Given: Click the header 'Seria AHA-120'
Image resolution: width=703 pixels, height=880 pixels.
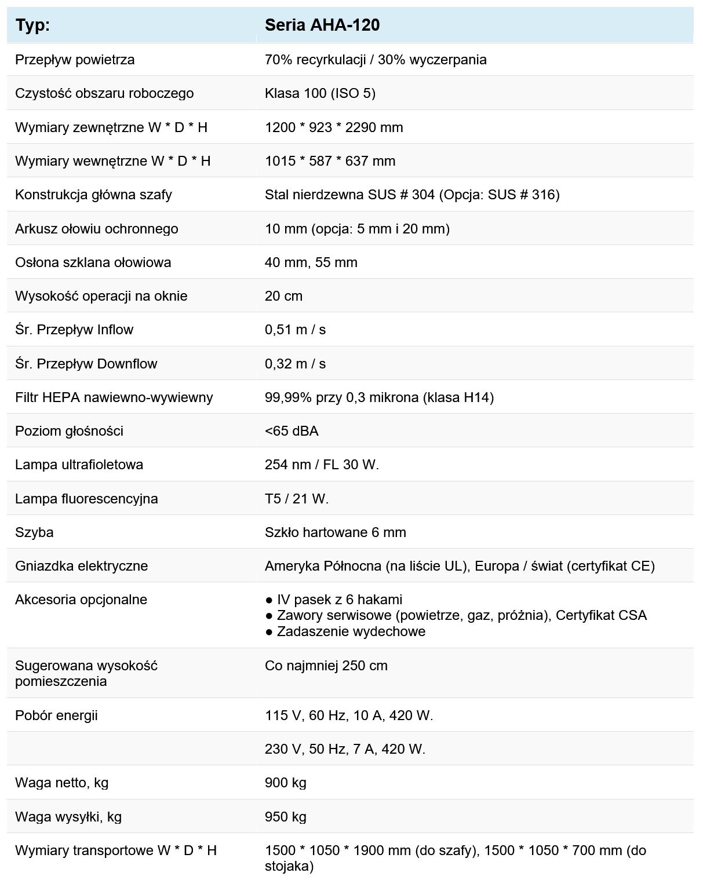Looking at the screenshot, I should [x=322, y=25].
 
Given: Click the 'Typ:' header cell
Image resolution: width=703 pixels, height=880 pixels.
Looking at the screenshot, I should [x=32, y=25].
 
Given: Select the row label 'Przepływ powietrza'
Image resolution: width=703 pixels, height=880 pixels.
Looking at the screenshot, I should [x=75, y=60].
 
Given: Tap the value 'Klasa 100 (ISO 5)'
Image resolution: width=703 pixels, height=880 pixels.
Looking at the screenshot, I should [x=320, y=93].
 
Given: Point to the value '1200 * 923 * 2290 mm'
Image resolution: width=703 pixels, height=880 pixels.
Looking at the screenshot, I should [x=334, y=127].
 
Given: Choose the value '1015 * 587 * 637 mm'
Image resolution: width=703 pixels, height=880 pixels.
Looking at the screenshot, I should [x=330, y=161].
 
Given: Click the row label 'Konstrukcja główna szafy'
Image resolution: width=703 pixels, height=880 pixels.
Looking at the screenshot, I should [x=93, y=195].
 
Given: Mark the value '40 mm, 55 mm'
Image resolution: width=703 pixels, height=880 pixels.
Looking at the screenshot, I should [x=311, y=262].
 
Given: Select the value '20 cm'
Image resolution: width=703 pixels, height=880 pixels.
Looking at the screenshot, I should [x=283, y=296].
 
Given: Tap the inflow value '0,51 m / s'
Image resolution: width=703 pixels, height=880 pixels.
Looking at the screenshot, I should [x=295, y=330].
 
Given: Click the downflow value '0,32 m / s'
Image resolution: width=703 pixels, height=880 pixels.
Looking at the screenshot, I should [x=295, y=364].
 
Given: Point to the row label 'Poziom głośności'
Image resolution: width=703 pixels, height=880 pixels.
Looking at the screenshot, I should [x=69, y=431].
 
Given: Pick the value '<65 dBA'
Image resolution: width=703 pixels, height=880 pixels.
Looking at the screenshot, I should [x=292, y=431].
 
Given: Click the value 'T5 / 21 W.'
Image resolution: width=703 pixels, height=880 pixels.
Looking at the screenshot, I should [x=297, y=499].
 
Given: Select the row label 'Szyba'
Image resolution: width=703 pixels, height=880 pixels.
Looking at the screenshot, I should [x=34, y=532].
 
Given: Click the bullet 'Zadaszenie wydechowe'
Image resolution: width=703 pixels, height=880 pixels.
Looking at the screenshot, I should [x=351, y=631].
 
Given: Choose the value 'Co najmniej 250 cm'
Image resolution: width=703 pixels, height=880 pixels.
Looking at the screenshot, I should [x=326, y=666].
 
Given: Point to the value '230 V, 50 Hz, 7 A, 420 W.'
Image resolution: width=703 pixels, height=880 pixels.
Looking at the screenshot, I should [x=345, y=749].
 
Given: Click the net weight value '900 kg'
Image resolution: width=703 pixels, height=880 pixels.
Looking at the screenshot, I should [x=285, y=783].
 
